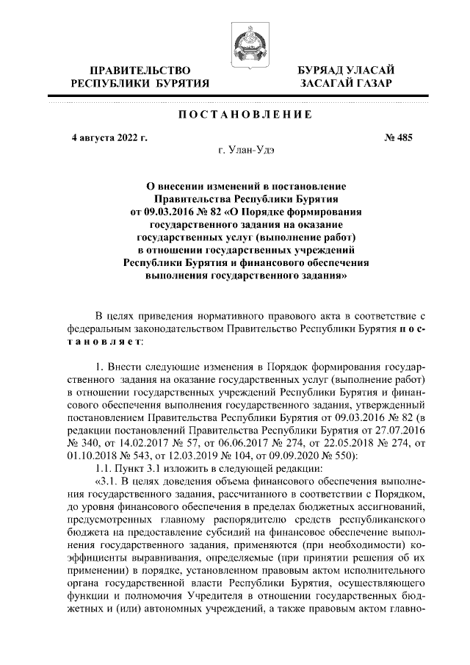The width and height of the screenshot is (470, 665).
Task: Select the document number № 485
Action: [x=399, y=137]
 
